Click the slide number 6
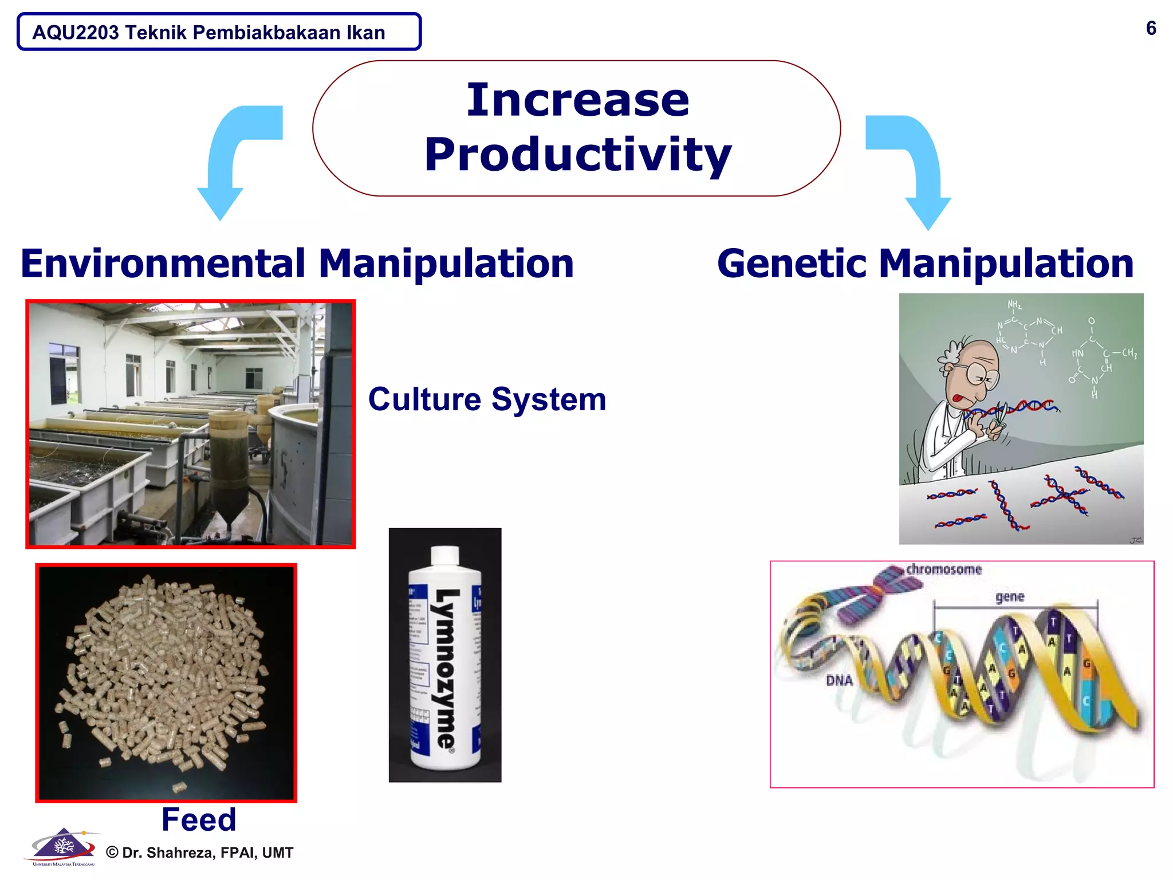1151,28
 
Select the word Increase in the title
578,100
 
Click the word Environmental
163,264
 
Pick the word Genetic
792,264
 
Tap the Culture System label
487,399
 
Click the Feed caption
199,819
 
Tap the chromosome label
943,569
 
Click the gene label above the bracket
1010,597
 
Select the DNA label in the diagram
839,681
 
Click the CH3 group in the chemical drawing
1128,353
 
